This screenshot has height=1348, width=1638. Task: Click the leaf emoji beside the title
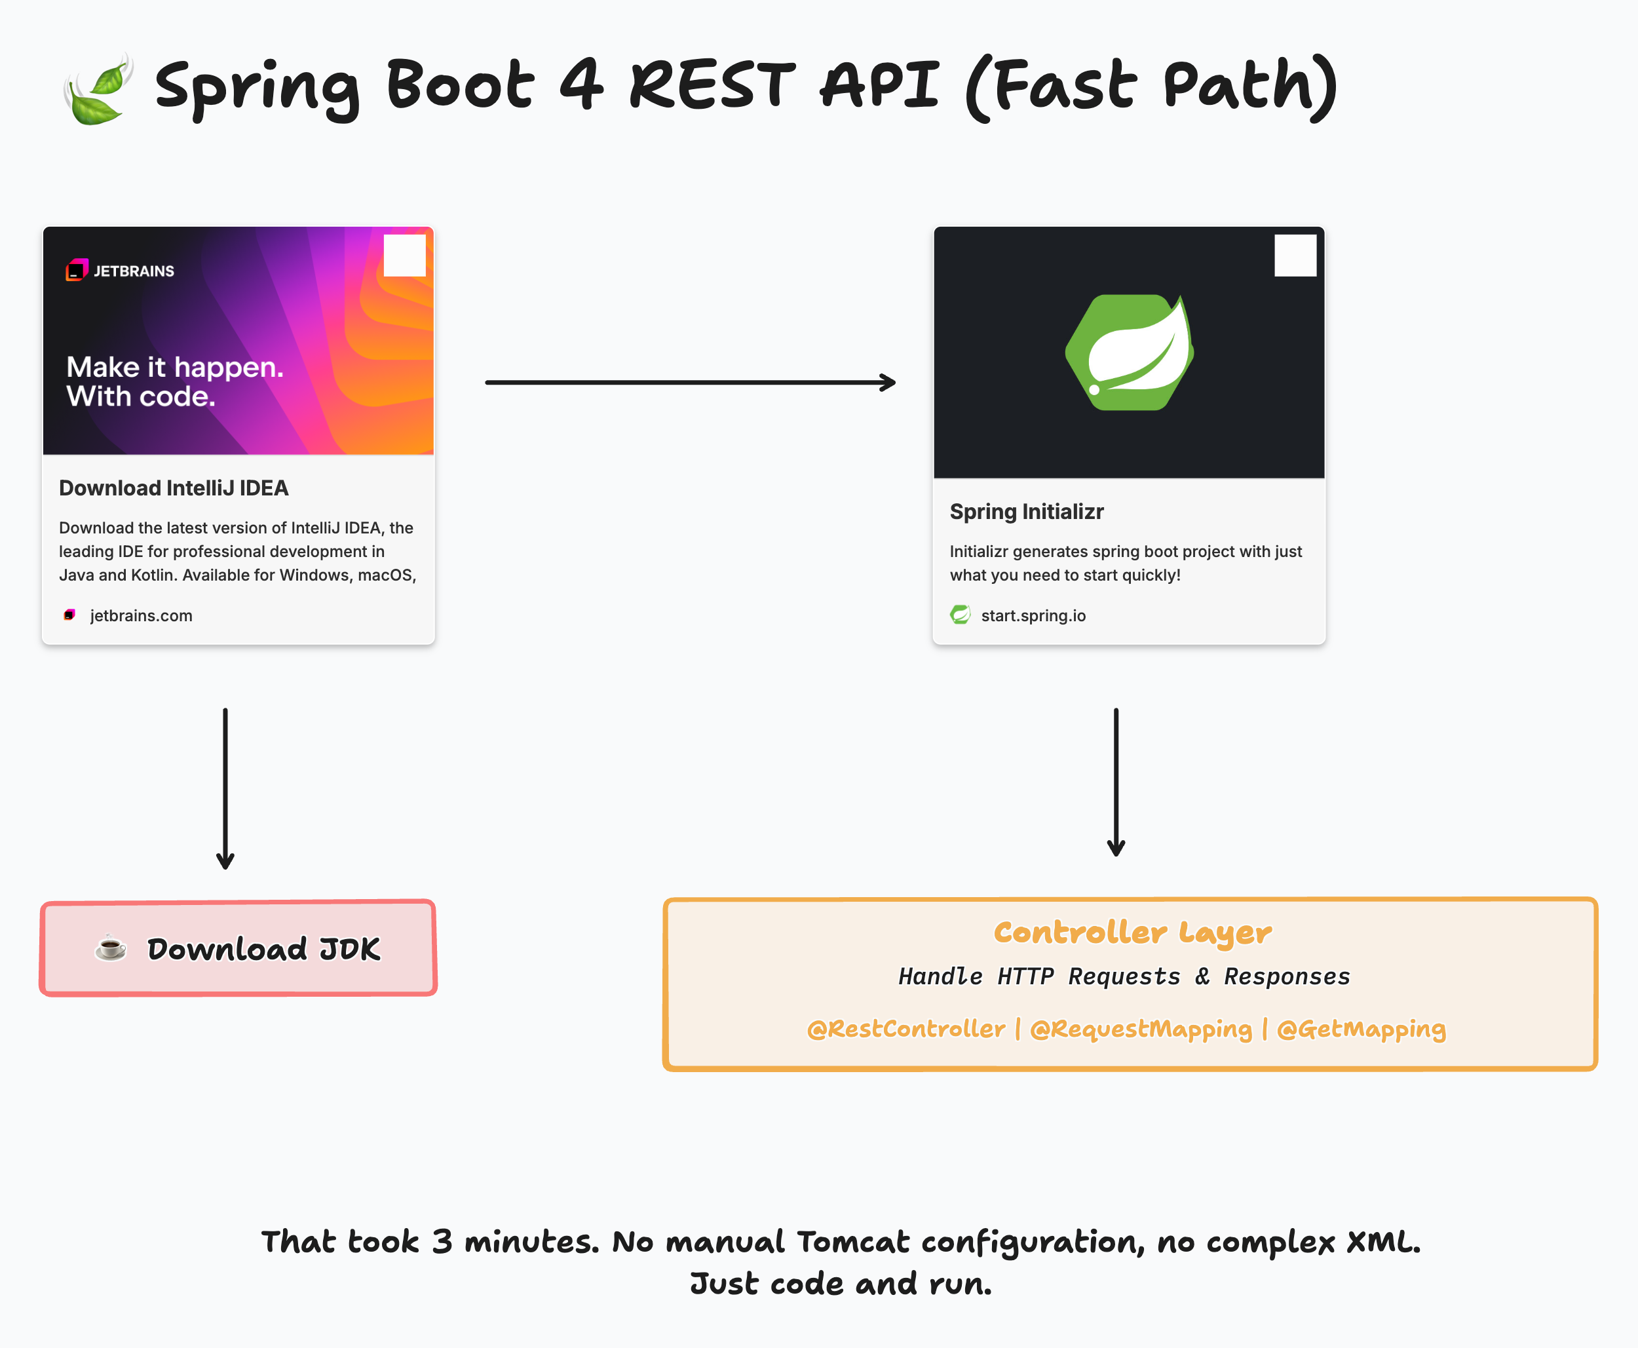(97, 89)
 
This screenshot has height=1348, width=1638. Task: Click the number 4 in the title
(581, 85)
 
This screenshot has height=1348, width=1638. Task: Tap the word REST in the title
(712, 85)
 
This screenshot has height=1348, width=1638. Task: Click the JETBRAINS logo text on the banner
(133, 271)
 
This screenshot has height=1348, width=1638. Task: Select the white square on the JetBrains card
(404, 256)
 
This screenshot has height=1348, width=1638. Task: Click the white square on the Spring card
(1295, 256)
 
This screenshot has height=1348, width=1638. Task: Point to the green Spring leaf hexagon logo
(1129, 353)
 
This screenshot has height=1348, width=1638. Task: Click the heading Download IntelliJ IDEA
(174, 488)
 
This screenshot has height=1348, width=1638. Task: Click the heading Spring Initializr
(1026, 512)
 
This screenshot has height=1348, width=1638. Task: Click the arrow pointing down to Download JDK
(225, 788)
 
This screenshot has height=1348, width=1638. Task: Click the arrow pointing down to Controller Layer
(1116, 781)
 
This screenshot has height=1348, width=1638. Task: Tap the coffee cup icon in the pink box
(110, 948)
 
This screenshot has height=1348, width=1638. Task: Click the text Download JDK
(264, 949)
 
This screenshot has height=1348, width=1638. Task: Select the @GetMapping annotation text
(1361, 1029)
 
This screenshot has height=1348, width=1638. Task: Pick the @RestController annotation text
(905, 1029)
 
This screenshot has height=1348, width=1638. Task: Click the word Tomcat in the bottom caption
(852, 1242)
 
